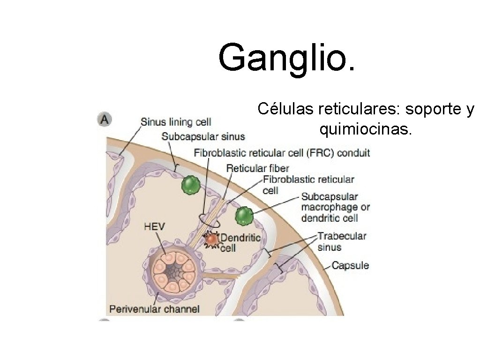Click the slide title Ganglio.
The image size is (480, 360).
(x=287, y=58)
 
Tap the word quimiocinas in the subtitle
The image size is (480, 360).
(x=366, y=129)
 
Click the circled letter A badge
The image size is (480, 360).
(x=105, y=120)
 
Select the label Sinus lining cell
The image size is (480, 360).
(x=176, y=122)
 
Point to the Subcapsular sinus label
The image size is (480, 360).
(x=203, y=136)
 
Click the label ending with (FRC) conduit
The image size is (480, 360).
(x=282, y=152)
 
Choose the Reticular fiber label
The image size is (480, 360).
(x=257, y=168)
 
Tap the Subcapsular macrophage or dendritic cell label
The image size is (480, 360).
(x=336, y=207)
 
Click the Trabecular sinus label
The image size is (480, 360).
(x=342, y=241)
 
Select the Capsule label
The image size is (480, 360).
(x=350, y=265)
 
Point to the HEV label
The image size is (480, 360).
(x=154, y=226)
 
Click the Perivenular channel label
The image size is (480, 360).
(x=154, y=309)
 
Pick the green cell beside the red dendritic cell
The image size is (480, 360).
(x=244, y=216)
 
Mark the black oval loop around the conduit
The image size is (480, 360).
(x=209, y=218)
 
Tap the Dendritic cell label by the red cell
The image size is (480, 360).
(x=240, y=242)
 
